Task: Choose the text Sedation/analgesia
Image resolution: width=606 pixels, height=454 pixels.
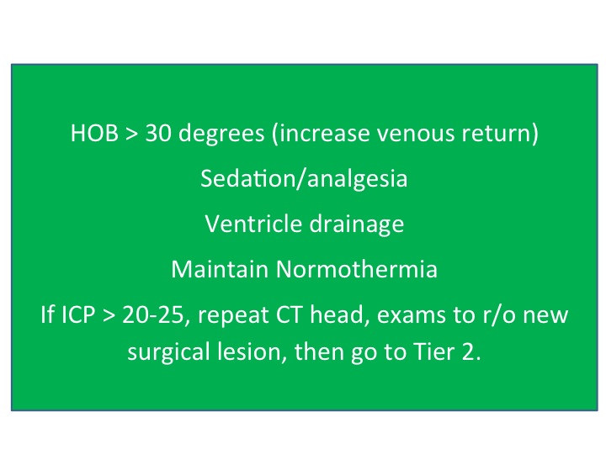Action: pos(303,180)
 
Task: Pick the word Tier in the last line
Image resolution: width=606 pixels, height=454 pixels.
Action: pos(433,352)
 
